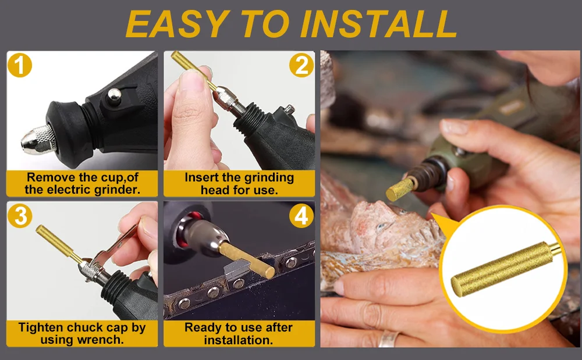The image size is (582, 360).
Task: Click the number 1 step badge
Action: click(x=20, y=65)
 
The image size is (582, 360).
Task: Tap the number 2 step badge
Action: click(x=301, y=65)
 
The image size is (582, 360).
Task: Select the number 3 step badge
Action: click(x=20, y=215)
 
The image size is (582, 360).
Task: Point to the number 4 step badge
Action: click(x=301, y=215)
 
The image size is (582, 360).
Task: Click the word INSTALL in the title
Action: click(x=378, y=24)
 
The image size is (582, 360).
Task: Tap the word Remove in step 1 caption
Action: click(x=49, y=177)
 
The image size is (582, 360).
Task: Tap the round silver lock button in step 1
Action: click(x=114, y=95)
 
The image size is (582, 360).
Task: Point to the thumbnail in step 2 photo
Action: click(x=191, y=80)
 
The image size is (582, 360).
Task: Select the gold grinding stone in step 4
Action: click(x=247, y=260)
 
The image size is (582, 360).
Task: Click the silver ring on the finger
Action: click(x=388, y=338)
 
